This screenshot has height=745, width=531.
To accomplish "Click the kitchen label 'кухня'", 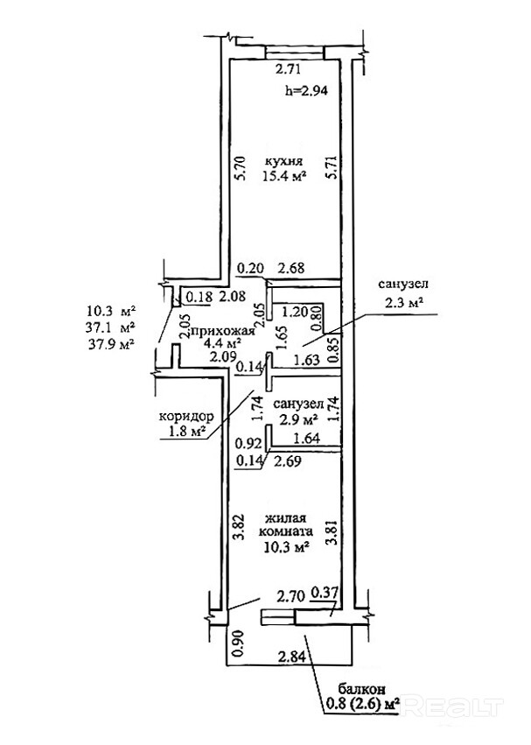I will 285,161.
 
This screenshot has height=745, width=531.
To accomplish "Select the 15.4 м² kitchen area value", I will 283,177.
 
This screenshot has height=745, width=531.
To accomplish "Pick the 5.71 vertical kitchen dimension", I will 330,167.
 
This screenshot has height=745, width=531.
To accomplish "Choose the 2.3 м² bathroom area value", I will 403,303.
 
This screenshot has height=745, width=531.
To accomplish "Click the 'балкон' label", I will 360,688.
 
